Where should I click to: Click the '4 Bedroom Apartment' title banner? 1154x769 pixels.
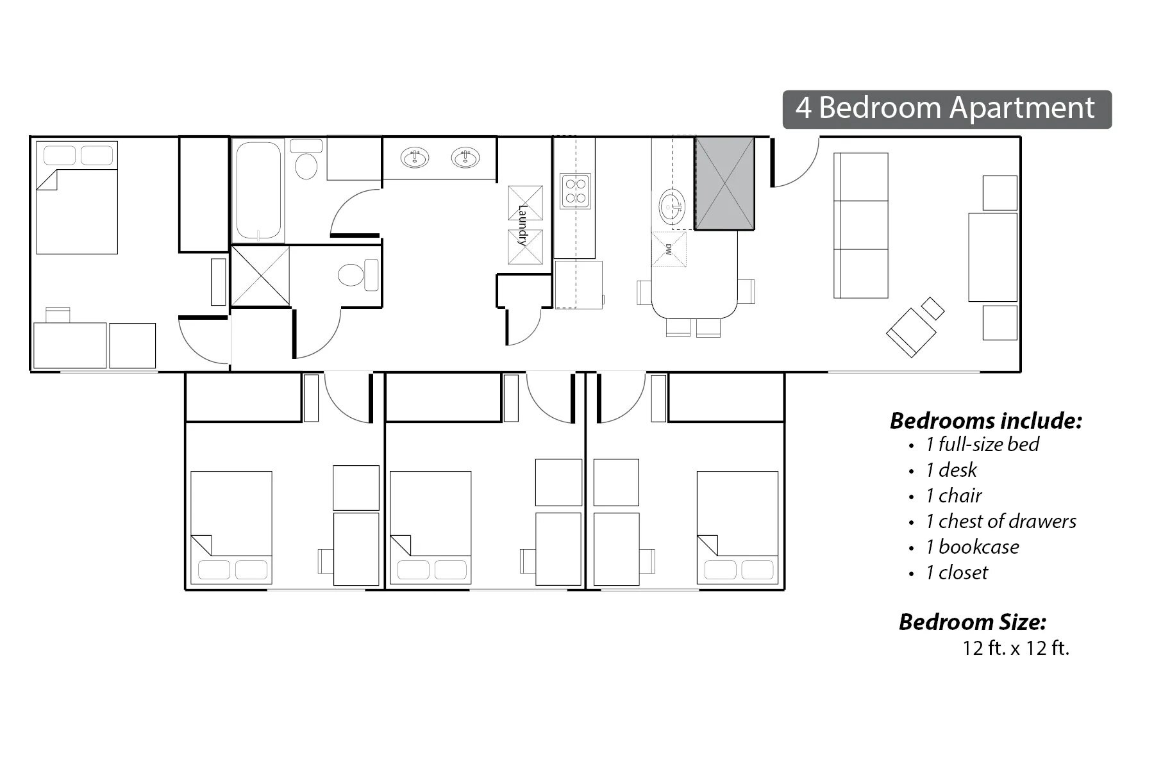coord(946,109)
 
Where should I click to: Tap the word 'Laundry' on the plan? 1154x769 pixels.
coord(523,225)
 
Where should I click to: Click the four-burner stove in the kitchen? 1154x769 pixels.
coord(575,191)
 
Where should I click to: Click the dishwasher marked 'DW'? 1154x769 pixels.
coord(669,249)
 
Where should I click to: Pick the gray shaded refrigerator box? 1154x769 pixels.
coord(724,183)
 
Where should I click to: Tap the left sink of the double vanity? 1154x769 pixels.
coord(415,157)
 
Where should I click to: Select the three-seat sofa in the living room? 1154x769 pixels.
coord(860,226)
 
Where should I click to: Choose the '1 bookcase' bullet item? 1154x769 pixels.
coord(971,547)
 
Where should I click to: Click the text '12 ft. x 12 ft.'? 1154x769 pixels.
coord(1016,648)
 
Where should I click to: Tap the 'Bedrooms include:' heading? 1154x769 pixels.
coord(986,421)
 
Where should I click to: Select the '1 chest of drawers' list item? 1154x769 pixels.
coord(1000,522)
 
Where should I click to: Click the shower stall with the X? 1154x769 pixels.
coord(260,276)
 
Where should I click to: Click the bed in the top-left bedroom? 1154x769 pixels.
coord(77,197)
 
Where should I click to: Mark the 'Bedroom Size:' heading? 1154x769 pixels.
coord(973,622)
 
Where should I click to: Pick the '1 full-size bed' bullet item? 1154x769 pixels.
coord(982,445)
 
